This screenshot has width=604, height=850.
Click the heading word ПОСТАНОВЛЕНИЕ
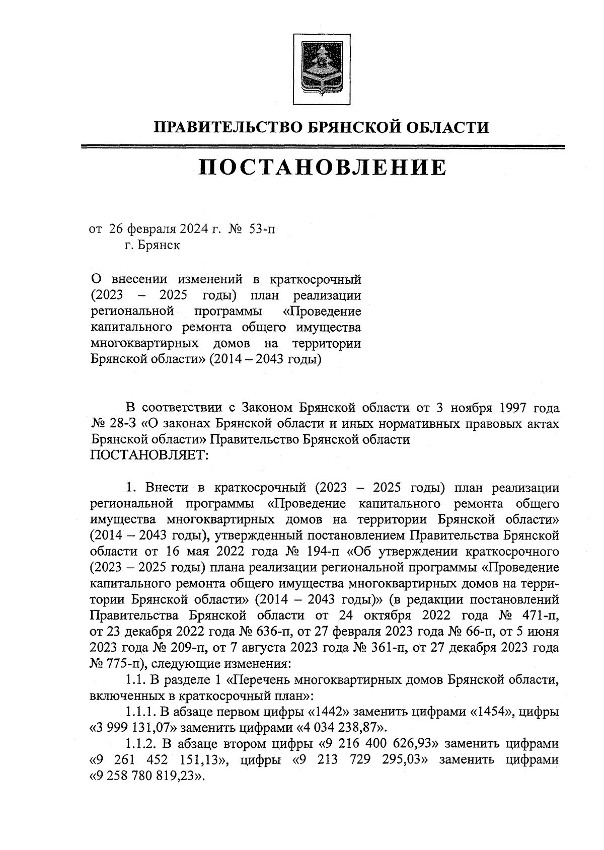(x=322, y=168)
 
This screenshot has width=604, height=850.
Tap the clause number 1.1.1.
(x=141, y=712)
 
